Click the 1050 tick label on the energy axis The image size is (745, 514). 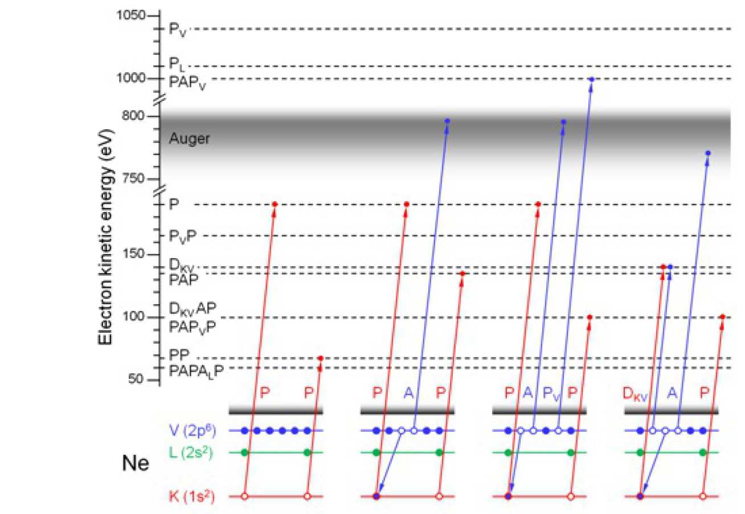click(131, 15)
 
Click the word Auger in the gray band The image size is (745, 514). click(190, 138)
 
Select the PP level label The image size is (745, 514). click(180, 355)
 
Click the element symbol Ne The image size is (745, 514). click(136, 464)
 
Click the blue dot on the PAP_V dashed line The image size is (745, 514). click(592, 79)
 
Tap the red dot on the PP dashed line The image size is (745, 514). click(321, 358)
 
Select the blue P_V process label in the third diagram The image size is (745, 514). click(551, 392)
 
